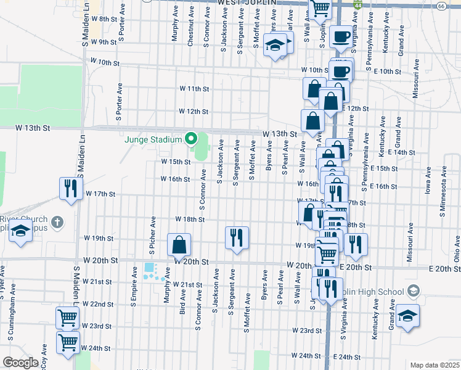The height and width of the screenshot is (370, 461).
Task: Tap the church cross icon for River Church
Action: point(57,221)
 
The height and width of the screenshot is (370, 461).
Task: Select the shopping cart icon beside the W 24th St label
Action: point(68,341)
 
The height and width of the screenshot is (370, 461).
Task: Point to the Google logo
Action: point(20,363)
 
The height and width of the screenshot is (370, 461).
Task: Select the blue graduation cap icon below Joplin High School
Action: point(407,316)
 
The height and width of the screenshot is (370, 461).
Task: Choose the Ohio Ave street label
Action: point(457,247)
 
